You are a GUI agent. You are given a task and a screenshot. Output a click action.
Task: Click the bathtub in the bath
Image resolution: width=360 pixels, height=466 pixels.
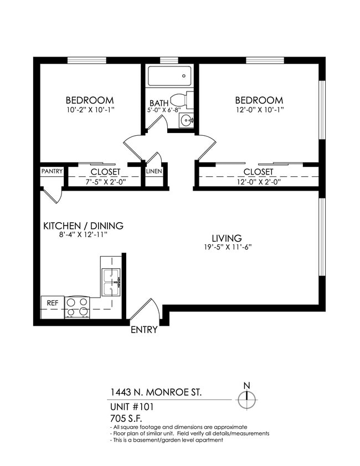[x=169, y=76]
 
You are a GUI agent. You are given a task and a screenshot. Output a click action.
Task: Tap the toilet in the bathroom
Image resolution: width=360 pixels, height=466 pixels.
[x=181, y=100]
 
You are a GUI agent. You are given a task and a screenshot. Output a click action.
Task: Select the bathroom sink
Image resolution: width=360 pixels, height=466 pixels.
[x=188, y=119]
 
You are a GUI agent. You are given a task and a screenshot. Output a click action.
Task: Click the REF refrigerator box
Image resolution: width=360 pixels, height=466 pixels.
[x=53, y=303]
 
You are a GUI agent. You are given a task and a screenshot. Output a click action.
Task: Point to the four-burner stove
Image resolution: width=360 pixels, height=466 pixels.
[x=78, y=306]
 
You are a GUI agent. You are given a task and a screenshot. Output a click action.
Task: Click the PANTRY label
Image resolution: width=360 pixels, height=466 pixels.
[x=52, y=171]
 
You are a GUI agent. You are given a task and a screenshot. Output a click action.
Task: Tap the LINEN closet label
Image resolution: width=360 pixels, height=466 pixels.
[x=154, y=171]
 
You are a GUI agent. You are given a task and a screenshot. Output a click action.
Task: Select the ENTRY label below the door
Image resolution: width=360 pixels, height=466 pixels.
[x=144, y=330]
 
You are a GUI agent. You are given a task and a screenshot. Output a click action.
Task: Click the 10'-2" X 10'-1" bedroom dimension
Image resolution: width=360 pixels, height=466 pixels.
[x=90, y=109]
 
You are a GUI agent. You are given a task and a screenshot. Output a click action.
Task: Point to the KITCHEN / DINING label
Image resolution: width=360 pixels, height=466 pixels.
[x=83, y=226]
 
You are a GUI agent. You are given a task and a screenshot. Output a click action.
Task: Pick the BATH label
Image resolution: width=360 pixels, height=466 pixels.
[x=159, y=103]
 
